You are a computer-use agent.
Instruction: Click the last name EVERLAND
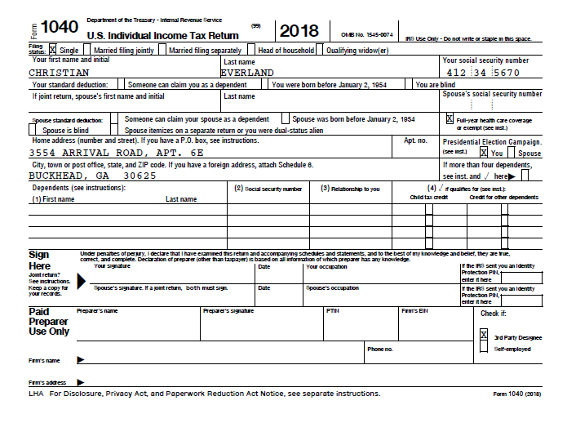click(x=247, y=73)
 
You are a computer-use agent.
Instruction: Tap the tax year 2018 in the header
click(x=299, y=31)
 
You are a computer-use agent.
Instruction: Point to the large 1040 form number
click(x=59, y=29)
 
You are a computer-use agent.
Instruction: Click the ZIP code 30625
click(x=139, y=175)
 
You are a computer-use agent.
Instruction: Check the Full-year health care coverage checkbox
click(x=449, y=118)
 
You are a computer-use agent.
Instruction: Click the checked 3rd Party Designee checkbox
click(x=484, y=336)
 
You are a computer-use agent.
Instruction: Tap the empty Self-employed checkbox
click(x=484, y=349)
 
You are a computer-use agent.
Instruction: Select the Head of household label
click(x=286, y=51)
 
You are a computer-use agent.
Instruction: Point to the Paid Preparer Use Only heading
click(x=49, y=322)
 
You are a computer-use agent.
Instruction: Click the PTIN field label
click(x=333, y=311)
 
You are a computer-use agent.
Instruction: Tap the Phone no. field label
click(x=380, y=349)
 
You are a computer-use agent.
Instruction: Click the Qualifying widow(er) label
click(x=357, y=51)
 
